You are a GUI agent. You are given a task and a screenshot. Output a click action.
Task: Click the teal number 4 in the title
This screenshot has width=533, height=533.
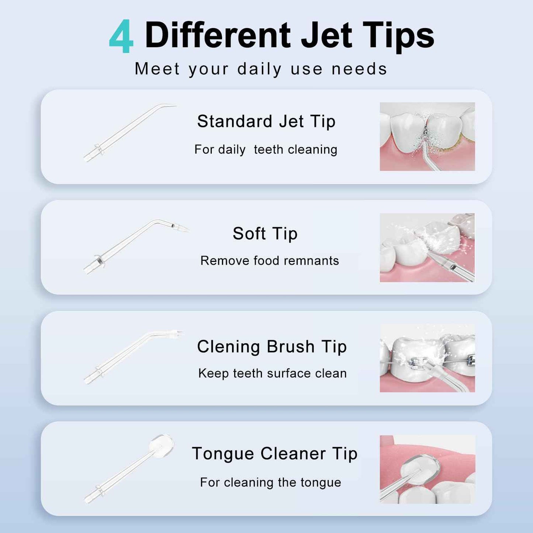click(x=121, y=37)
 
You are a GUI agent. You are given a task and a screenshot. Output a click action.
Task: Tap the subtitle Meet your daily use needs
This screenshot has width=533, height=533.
click(x=261, y=69)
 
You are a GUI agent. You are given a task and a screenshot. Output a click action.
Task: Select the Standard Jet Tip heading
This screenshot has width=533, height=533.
click(x=266, y=121)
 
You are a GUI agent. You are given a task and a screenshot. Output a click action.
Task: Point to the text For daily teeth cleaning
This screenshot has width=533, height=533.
click(x=266, y=149)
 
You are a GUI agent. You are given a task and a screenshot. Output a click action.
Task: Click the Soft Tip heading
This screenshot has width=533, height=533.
click(x=265, y=233)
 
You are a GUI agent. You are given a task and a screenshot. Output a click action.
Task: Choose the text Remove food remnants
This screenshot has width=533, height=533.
click(x=269, y=260)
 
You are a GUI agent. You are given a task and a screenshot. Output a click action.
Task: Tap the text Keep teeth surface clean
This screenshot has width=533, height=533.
click(x=272, y=373)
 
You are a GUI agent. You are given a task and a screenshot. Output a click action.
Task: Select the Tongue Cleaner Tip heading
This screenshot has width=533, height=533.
click(x=274, y=454)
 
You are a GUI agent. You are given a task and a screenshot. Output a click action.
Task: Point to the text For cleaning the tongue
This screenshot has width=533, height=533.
click(x=270, y=482)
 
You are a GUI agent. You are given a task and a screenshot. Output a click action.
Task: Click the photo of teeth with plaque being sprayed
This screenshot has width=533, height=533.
click(x=427, y=136)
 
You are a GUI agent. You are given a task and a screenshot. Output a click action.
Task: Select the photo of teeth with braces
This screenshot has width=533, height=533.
click(x=427, y=358)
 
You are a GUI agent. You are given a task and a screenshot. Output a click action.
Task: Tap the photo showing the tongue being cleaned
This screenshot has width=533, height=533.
click(x=427, y=469)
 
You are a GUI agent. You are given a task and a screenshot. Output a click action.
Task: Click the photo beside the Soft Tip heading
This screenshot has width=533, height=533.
click(x=427, y=248)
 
